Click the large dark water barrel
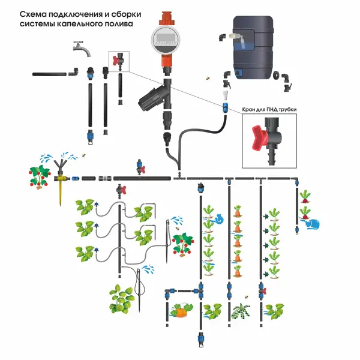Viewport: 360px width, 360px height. coord(253,47)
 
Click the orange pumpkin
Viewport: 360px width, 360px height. coord(180,312)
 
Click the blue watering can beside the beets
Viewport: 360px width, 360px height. coord(313,224)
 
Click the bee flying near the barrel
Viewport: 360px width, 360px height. coord(208,78)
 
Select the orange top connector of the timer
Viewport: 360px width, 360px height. coord(167,19)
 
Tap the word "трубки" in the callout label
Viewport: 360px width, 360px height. coord(287,110)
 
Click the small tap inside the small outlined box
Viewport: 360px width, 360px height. coord(118,61)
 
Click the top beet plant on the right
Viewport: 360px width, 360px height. coord(305,196)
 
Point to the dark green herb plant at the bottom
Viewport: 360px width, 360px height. coord(241,311)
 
